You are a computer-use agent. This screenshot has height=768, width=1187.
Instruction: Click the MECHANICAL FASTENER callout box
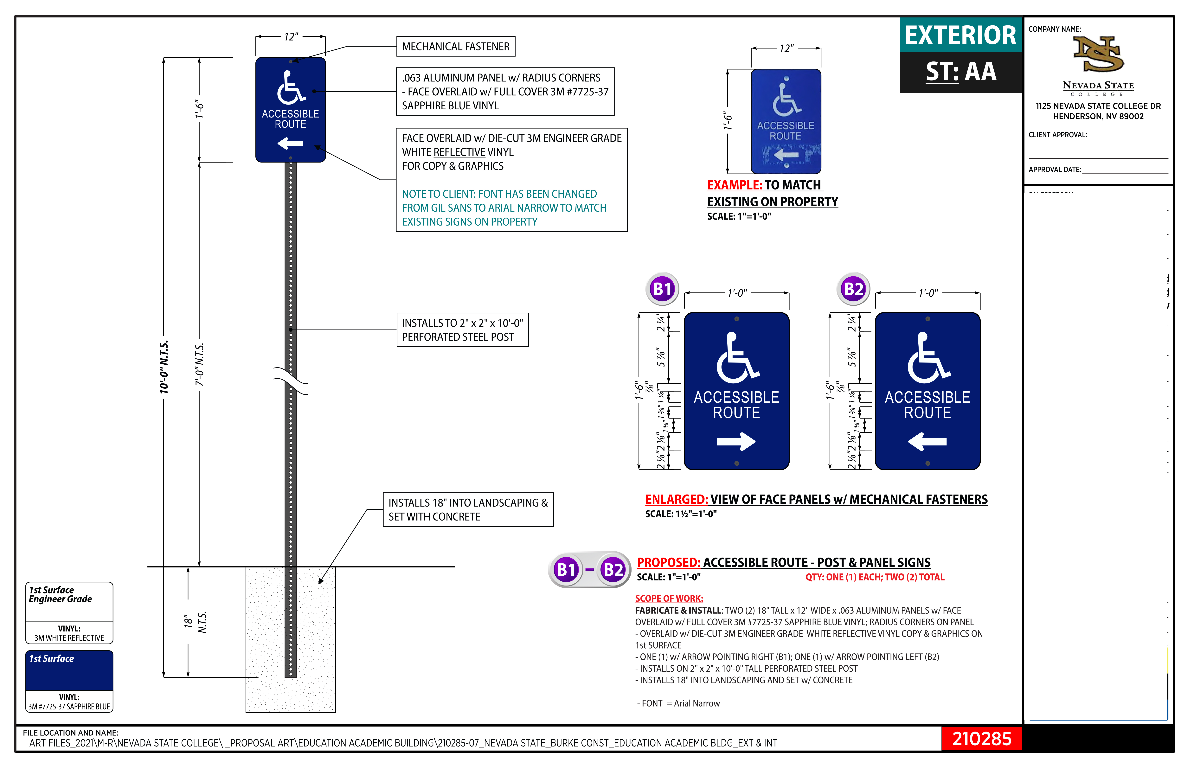[x=455, y=46]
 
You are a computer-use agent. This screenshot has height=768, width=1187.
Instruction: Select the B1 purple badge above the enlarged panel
[x=662, y=289]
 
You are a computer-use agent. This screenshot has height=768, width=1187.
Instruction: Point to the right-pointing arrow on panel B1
[x=736, y=441]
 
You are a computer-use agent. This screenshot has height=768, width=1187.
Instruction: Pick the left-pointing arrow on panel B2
[x=927, y=441]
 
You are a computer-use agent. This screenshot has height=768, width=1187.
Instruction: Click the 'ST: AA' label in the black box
[x=961, y=72]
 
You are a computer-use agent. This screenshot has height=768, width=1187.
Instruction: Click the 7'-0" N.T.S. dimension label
[x=200, y=364]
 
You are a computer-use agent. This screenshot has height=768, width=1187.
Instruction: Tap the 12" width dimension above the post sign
[x=291, y=37]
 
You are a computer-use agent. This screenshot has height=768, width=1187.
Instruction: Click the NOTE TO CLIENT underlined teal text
[x=439, y=194]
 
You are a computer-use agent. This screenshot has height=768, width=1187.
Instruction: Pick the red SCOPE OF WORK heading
[x=669, y=598]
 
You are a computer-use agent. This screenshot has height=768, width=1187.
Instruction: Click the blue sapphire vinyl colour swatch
[x=69, y=671]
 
